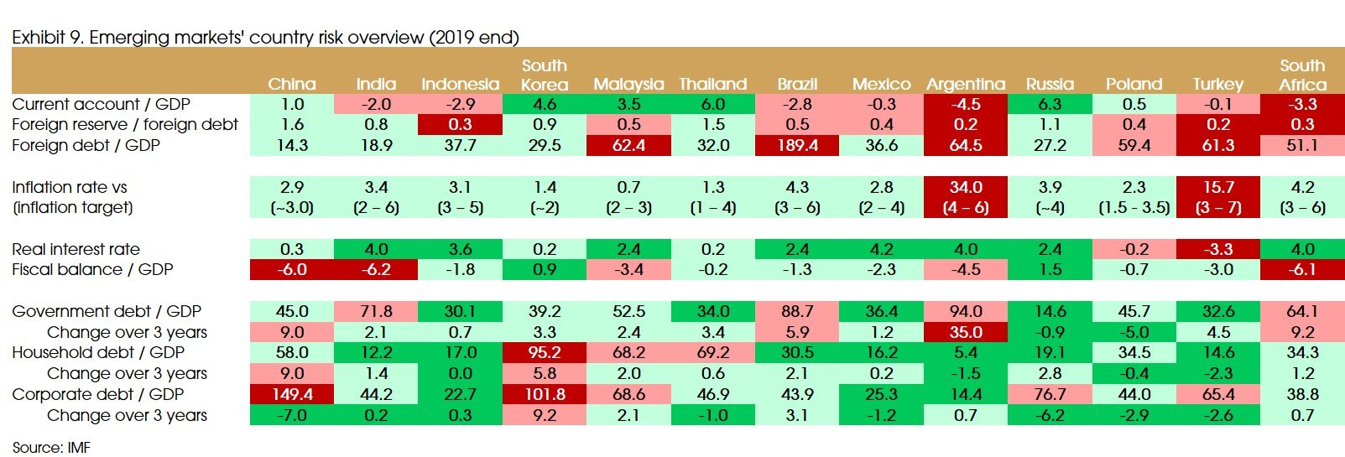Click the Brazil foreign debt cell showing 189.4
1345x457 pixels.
click(x=797, y=145)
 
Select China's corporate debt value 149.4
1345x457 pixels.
click(x=292, y=394)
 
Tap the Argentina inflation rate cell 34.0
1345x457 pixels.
click(x=966, y=187)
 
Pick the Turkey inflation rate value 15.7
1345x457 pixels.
click(x=1218, y=187)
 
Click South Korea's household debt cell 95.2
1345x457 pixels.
click(x=545, y=352)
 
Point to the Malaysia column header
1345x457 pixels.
click(x=628, y=84)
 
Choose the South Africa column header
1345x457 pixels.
click(x=1302, y=75)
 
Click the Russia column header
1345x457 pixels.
click(x=1050, y=84)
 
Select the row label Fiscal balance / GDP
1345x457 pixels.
click(x=92, y=269)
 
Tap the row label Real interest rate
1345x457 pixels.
click(x=76, y=249)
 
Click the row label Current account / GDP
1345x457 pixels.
click(x=101, y=104)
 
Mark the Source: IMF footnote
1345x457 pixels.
click(x=51, y=447)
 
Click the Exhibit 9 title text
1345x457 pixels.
click(x=265, y=37)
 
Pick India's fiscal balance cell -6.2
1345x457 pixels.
click(x=376, y=269)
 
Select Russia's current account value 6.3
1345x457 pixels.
click(x=1050, y=104)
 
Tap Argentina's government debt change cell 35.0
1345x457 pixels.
click(x=966, y=332)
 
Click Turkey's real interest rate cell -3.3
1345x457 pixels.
click(x=1218, y=249)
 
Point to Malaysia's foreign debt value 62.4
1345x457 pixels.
click(x=628, y=145)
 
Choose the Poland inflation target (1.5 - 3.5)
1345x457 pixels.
click(x=1134, y=207)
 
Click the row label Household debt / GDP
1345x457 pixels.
click(x=98, y=352)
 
